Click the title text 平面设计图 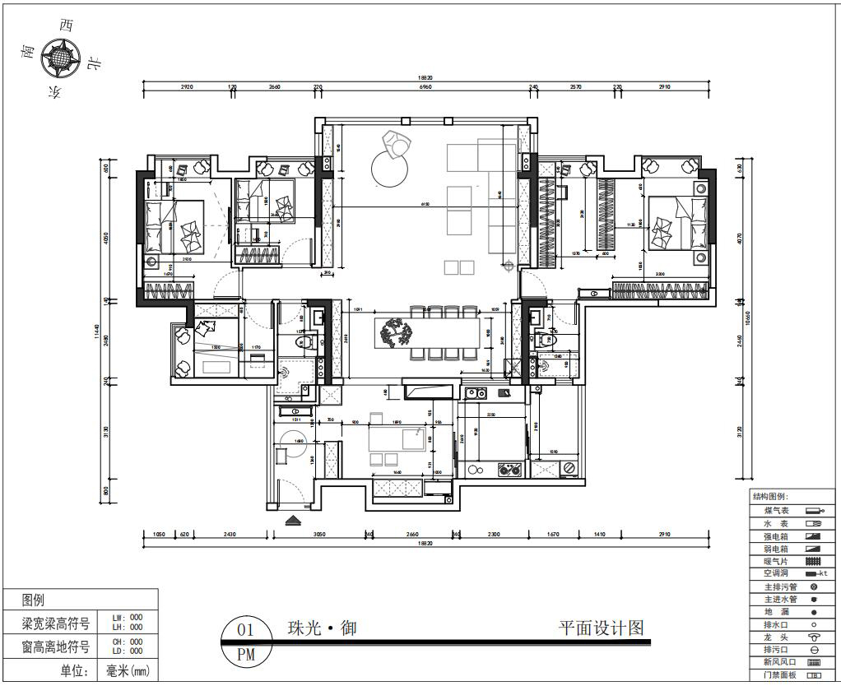[601, 629]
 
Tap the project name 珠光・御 [321, 629]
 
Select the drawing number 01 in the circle [245, 631]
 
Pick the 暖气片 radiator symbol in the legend [814, 561]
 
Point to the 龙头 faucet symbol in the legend [814, 637]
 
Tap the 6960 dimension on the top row [425, 88]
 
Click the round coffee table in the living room [390, 170]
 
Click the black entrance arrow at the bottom [292, 520]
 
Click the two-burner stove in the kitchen [509, 470]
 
